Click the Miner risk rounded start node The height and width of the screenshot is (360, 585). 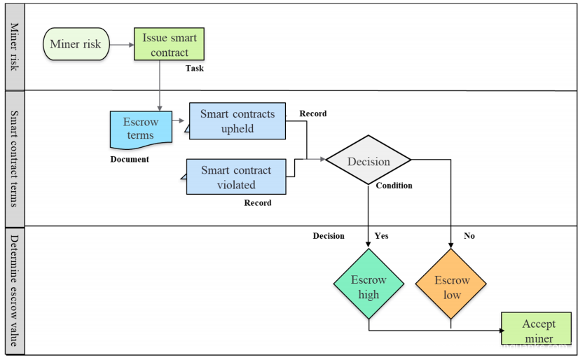click(76, 44)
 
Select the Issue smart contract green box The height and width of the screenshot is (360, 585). click(170, 44)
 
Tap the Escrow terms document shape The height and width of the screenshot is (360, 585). click(140, 128)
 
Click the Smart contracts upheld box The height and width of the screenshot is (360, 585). click(238, 121)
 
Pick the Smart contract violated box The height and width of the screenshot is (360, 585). click(238, 177)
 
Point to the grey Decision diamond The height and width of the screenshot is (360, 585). click(369, 161)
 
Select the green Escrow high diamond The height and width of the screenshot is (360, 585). click(369, 287)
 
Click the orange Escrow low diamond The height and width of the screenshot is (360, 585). click(452, 287)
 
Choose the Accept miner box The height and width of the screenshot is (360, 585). click(538, 330)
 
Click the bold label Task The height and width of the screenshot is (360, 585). click(195, 69)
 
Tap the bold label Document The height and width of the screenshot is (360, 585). click(130, 159)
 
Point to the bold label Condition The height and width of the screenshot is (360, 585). click(394, 186)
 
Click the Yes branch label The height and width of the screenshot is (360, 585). click(381, 236)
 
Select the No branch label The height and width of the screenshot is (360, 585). click(469, 236)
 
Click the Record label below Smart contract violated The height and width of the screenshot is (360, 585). click(257, 203)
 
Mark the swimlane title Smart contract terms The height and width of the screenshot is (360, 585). click(14, 158)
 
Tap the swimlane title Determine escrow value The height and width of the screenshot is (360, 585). click(14, 291)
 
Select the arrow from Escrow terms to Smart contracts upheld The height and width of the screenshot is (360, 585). click(180, 120)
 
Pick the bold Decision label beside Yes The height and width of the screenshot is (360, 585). click(329, 236)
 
